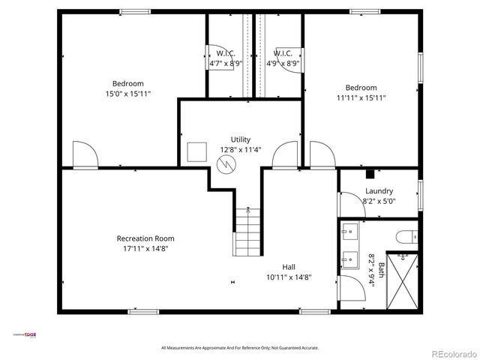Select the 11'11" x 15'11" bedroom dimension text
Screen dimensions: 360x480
(361, 97)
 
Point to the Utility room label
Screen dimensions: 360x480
(240, 139)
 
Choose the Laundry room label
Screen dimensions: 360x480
(379, 191)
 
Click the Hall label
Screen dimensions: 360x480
(289, 267)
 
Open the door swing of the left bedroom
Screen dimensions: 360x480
(85, 156)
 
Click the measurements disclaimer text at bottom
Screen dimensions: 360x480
(240, 348)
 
